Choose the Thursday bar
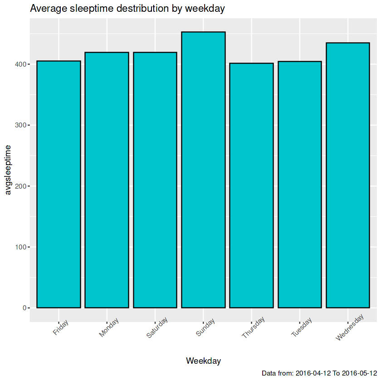pyautogui.click(x=251, y=186)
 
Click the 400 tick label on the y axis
pyautogui.click(x=20, y=64)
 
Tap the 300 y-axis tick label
pyautogui.click(x=20, y=125)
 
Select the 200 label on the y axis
pyautogui.click(x=20, y=186)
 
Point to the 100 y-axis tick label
pyautogui.click(x=20, y=247)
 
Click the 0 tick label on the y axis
pyautogui.click(x=25, y=308)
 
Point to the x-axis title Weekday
pyautogui.click(x=203, y=361)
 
